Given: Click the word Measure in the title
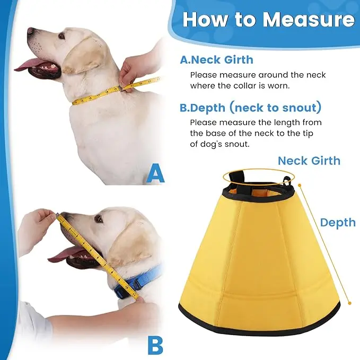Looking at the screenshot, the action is click(309, 20).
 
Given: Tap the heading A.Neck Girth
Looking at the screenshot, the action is click(216, 60).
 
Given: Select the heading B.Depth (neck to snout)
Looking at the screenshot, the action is click(250, 108).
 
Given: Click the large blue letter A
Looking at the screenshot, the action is click(155, 173).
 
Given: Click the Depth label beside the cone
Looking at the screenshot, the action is click(338, 223).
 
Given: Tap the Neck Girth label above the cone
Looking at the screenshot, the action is click(309, 161).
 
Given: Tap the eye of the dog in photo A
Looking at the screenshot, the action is click(62, 36).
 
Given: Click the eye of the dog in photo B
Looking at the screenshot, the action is click(99, 218).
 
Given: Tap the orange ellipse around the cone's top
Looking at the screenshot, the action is click(259, 170).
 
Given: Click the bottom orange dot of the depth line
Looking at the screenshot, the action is click(350, 303).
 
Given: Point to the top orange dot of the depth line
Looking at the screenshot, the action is click(300, 185).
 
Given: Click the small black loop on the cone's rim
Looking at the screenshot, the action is click(286, 181).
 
